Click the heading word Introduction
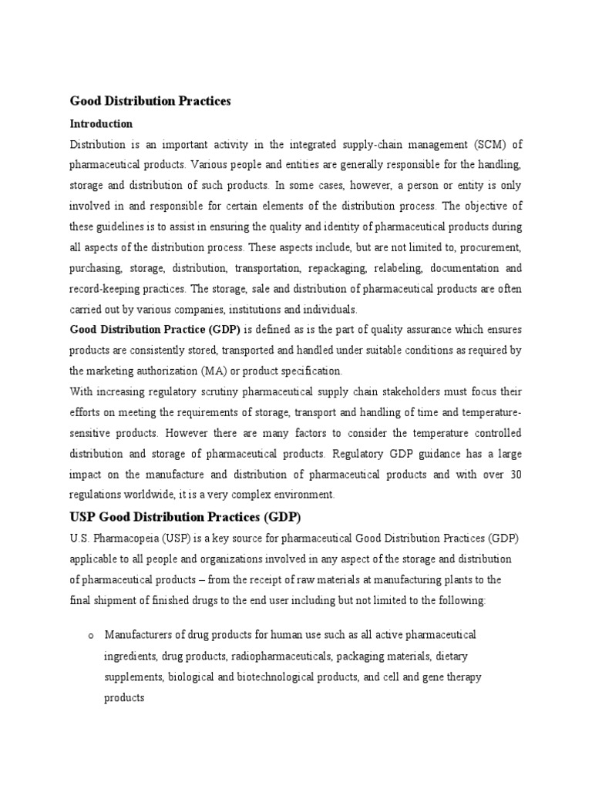click(102, 123)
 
